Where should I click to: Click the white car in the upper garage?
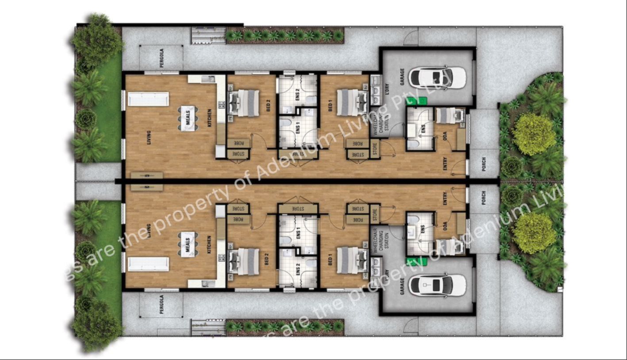click(437, 77)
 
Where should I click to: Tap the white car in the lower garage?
click(437, 285)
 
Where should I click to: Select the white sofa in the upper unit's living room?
click(148, 99)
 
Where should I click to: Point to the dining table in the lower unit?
click(188, 244)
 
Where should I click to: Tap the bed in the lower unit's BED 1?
click(352, 260)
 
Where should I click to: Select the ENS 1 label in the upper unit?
click(298, 128)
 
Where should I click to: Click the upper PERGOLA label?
click(162, 58)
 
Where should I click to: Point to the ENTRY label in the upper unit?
click(445, 164)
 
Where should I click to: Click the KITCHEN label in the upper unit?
click(210, 117)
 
